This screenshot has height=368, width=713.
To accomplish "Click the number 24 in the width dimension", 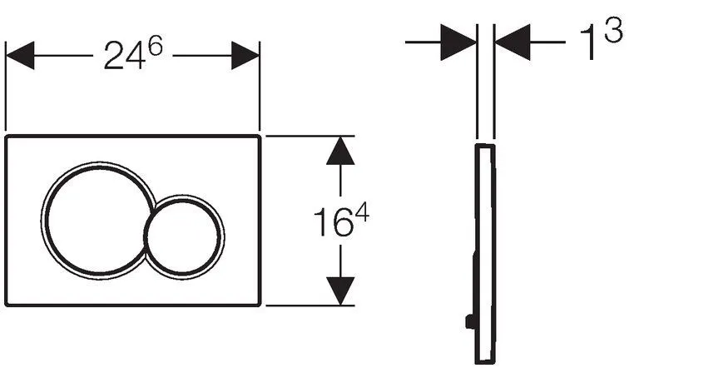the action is pos(121,57).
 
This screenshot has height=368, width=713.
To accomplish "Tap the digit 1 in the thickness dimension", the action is pos(587,44).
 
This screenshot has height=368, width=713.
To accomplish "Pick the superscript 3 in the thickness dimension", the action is pos(614,32).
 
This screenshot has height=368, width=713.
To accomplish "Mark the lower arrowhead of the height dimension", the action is pos(336,291).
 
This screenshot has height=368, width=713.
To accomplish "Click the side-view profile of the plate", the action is pos(486,250).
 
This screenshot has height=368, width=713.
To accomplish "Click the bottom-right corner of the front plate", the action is pos(260,304).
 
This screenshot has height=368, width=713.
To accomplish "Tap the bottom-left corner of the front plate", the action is pos(7,304).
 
